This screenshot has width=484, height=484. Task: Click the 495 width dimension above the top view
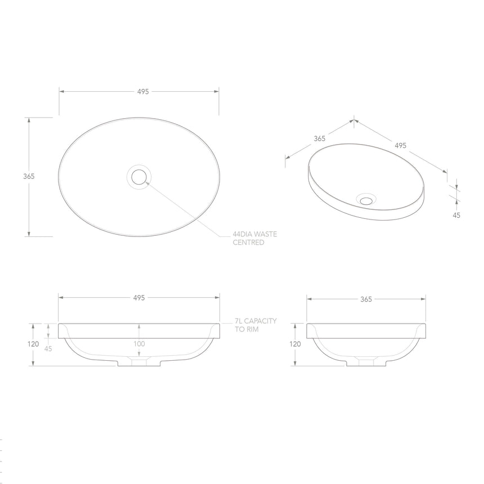coord(142,92)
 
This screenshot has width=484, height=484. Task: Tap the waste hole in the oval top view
coord(138,177)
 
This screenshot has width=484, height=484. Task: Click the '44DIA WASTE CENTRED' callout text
coord(255,238)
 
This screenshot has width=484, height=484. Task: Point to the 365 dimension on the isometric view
coord(320,138)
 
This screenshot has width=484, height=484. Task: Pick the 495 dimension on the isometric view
coord(400,145)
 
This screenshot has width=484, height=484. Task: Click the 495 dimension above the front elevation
coord(139,298)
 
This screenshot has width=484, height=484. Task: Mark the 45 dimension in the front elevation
coord(48,348)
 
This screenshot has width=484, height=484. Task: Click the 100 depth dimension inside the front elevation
coord(139,344)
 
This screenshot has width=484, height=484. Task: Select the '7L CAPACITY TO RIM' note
coord(256,325)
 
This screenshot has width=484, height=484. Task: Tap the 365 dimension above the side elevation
coord(366,299)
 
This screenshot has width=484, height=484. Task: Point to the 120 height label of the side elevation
coord(294,344)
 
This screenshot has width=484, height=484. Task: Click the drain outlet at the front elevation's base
coord(139,364)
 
